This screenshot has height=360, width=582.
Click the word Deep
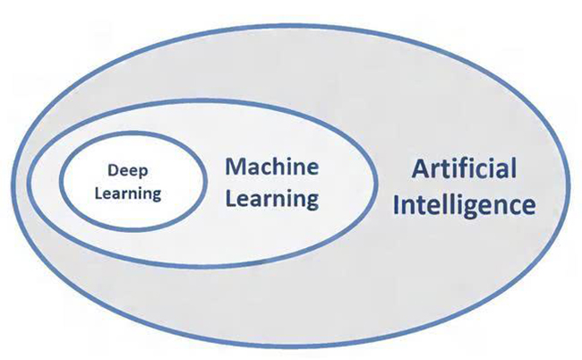[128, 171]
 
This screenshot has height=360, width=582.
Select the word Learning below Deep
[128, 193]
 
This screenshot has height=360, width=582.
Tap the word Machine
[271, 167]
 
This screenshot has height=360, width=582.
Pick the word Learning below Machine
[272, 200]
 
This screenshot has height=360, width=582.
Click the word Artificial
[464, 168]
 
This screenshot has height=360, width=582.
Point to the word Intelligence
[464, 204]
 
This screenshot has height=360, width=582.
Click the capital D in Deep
[113, 170]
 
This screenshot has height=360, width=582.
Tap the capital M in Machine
[235, 167]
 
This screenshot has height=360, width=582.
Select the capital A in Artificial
[422, 169]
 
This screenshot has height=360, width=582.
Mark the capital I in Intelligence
[396, 204]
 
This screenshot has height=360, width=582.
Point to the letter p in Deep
[143, 174]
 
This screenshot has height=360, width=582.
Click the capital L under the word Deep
[98, 193]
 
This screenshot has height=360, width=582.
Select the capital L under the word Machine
[230, 199]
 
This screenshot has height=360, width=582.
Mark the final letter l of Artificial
[514, 168]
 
